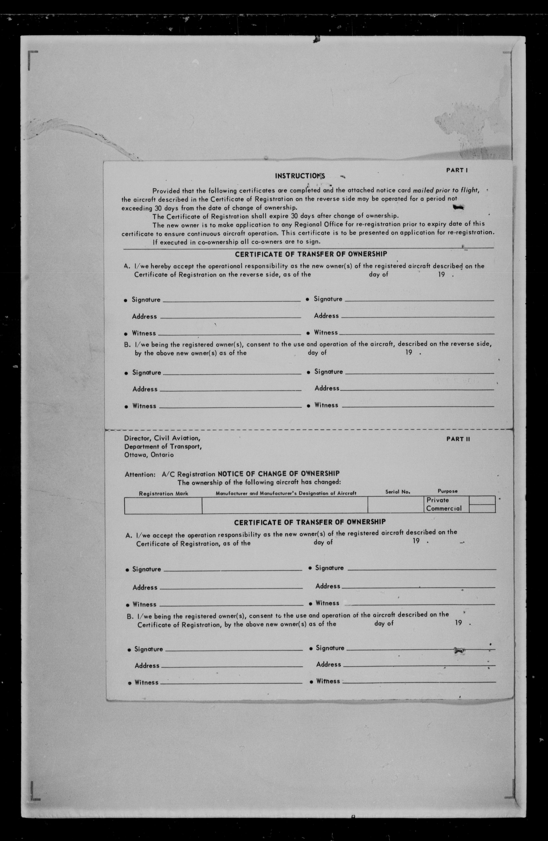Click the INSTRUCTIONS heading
(x=300, y=176)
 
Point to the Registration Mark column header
(x=163, y=493)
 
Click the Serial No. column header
(x=397, y=491)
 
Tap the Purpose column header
(x=447, y=491)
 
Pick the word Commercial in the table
(x=444, y=509)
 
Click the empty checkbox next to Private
(x=482, y=500)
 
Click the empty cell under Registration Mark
(x=163, y=505)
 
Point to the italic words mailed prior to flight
(x=446, y=190)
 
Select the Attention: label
(x=140, y=475)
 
